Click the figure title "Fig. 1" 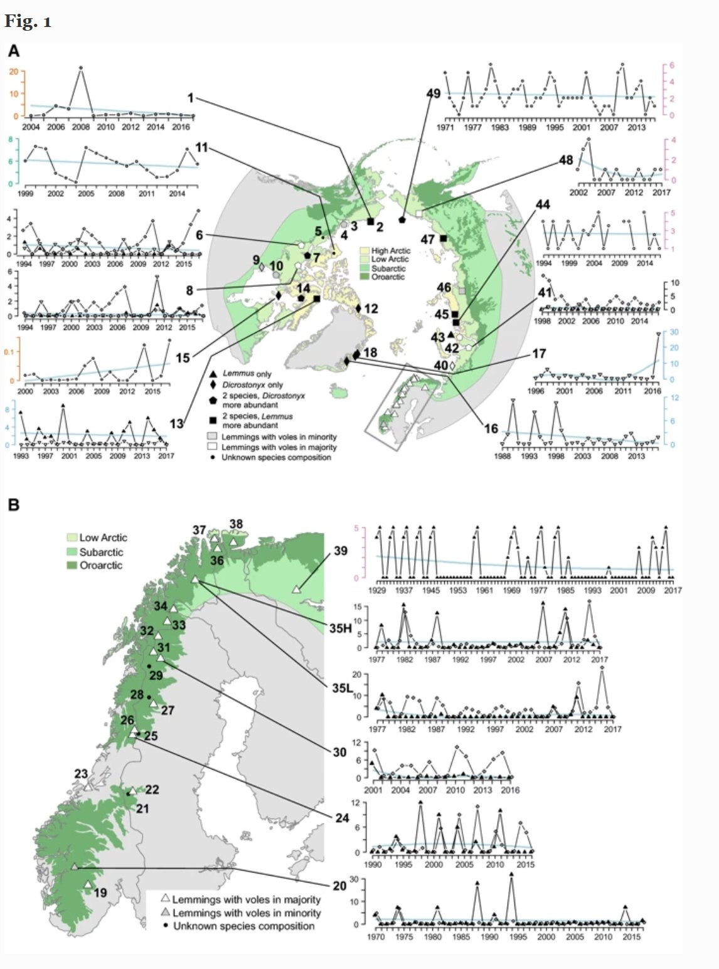coord(28,22)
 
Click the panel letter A coord(13,50)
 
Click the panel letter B coord(13,504)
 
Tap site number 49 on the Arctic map coord(434,93)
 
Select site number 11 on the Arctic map coord(201,148)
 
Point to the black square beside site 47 coord(444,238)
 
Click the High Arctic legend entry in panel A coord(390,250)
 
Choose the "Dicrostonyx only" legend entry coord(252,384)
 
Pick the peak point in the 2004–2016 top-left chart coord(80,67)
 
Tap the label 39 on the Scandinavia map coord(340,551)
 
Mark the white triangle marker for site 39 coord(296,590)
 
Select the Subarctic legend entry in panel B coord(101,552)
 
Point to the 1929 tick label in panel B coord(377,590)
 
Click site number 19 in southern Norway coord(100,892)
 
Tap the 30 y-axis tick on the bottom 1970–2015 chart coord(354,879)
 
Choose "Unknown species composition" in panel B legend coord(243,926)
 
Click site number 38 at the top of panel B coord(236,524)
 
